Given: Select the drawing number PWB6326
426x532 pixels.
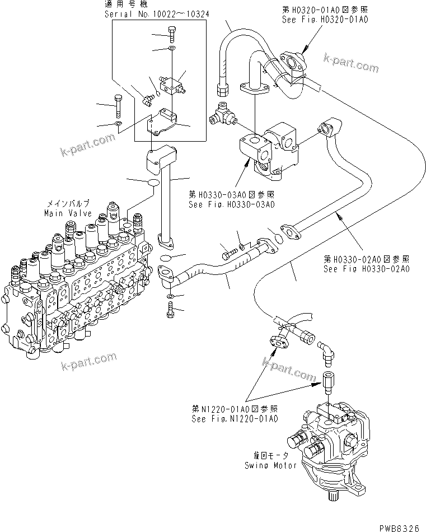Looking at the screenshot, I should click(399, 527).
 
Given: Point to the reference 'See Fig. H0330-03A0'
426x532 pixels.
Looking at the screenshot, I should click(231, 204).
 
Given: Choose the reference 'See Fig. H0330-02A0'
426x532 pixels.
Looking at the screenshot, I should click(367, 268).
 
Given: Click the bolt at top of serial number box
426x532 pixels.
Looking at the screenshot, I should click(172, 36).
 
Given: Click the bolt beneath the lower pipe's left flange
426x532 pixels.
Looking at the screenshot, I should click(170, 309).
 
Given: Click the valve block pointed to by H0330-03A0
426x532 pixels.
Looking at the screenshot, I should click(269, 148).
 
